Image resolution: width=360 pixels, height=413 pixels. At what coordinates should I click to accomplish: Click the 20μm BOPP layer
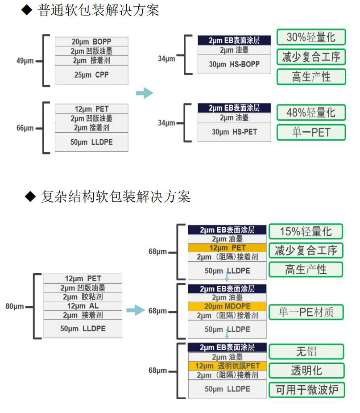coord(91,42)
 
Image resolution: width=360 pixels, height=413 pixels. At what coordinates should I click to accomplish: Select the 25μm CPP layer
coord(91,75)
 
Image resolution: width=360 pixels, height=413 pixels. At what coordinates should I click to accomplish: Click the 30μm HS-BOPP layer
coord(234,64)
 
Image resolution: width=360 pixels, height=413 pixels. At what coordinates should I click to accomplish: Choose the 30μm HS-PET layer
coord(234,132)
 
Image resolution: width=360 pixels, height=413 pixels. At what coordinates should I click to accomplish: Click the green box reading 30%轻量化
coord(311,38)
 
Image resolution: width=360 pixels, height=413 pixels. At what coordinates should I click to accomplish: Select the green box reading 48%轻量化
coord(311,112)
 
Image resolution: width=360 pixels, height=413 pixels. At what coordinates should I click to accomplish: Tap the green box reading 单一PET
coord(311,133)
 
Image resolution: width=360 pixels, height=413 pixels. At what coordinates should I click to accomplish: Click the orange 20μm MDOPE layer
coord(227,306)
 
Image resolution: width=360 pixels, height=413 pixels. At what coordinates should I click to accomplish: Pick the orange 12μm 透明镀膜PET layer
coord(227,366)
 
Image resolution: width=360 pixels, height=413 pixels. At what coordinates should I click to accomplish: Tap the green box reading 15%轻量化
coord(306,231)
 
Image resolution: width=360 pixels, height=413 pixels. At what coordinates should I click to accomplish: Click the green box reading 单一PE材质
coord(306,312)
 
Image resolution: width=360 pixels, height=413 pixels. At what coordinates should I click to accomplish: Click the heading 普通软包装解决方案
coord(99,10)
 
